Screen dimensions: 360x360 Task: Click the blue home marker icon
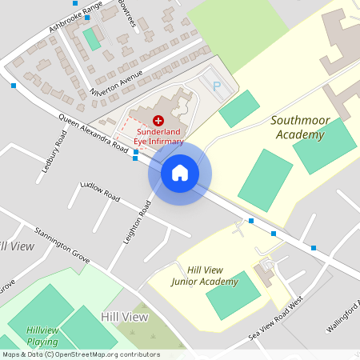point(179,172)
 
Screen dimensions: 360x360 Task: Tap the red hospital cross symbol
point(157,119)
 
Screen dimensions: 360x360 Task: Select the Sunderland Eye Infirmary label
point(157,135)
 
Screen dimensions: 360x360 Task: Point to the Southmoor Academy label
point(298,127)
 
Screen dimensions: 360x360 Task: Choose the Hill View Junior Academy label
point(205,276)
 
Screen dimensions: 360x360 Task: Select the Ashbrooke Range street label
point(76,17)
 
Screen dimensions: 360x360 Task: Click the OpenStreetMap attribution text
point(81,354)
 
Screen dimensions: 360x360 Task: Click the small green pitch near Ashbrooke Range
point(92,38)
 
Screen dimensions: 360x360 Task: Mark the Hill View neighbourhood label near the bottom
point(125,318)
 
